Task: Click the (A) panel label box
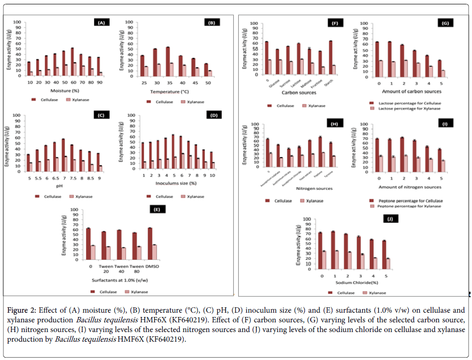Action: (x=101, y=23)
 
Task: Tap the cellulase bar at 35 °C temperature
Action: (x=168, y=61)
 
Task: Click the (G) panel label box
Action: (x=442, y=23)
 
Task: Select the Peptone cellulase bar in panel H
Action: (x=320, y=152)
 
